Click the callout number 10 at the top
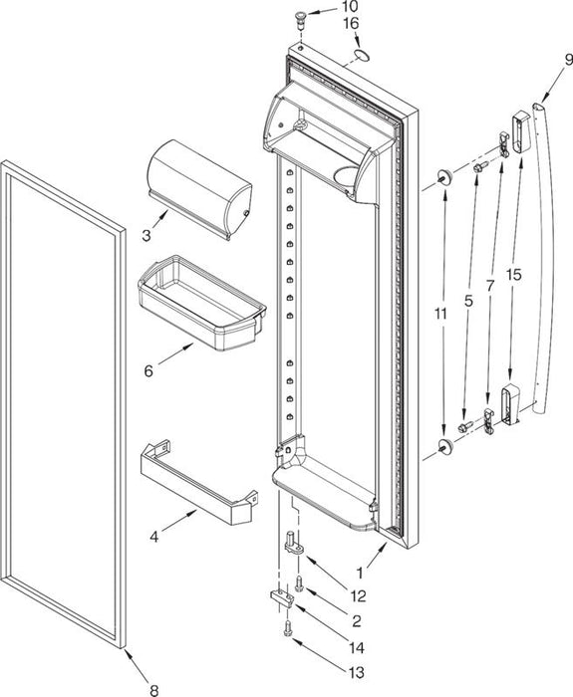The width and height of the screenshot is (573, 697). (x=350, y=6)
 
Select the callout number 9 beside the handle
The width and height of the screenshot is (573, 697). (x=568, y=61)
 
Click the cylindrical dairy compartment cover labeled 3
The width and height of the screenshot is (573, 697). (x=199, y=188)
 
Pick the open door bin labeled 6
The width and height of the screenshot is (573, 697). (x=202, y=303)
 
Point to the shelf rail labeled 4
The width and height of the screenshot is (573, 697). (x=199, y=482)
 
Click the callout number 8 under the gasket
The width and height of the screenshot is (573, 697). (x=153, y=690)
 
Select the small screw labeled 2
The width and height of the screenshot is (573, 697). (x=299, y=582)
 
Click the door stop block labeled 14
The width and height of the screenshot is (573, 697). (x=282, y=598)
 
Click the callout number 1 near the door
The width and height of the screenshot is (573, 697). (x=360, y=574)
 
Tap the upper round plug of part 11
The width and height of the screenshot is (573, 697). (x=445, y=176)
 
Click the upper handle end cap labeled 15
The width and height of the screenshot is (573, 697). (x=520, y=131)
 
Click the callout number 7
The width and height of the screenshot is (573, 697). (x=490, y=287)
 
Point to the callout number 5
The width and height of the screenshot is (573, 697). (x=468, y=302)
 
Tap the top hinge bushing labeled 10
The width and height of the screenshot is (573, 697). (x=302, y=20)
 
